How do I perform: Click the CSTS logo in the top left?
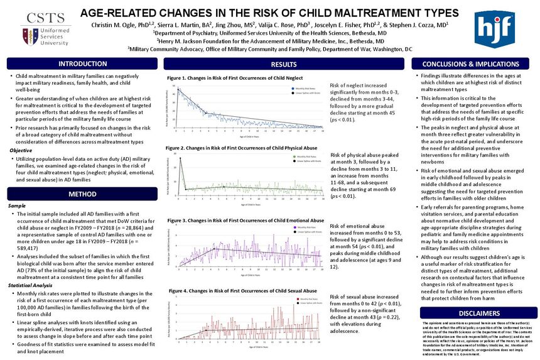tap(38, 28)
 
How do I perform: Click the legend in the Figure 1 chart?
tap(305, 91)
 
